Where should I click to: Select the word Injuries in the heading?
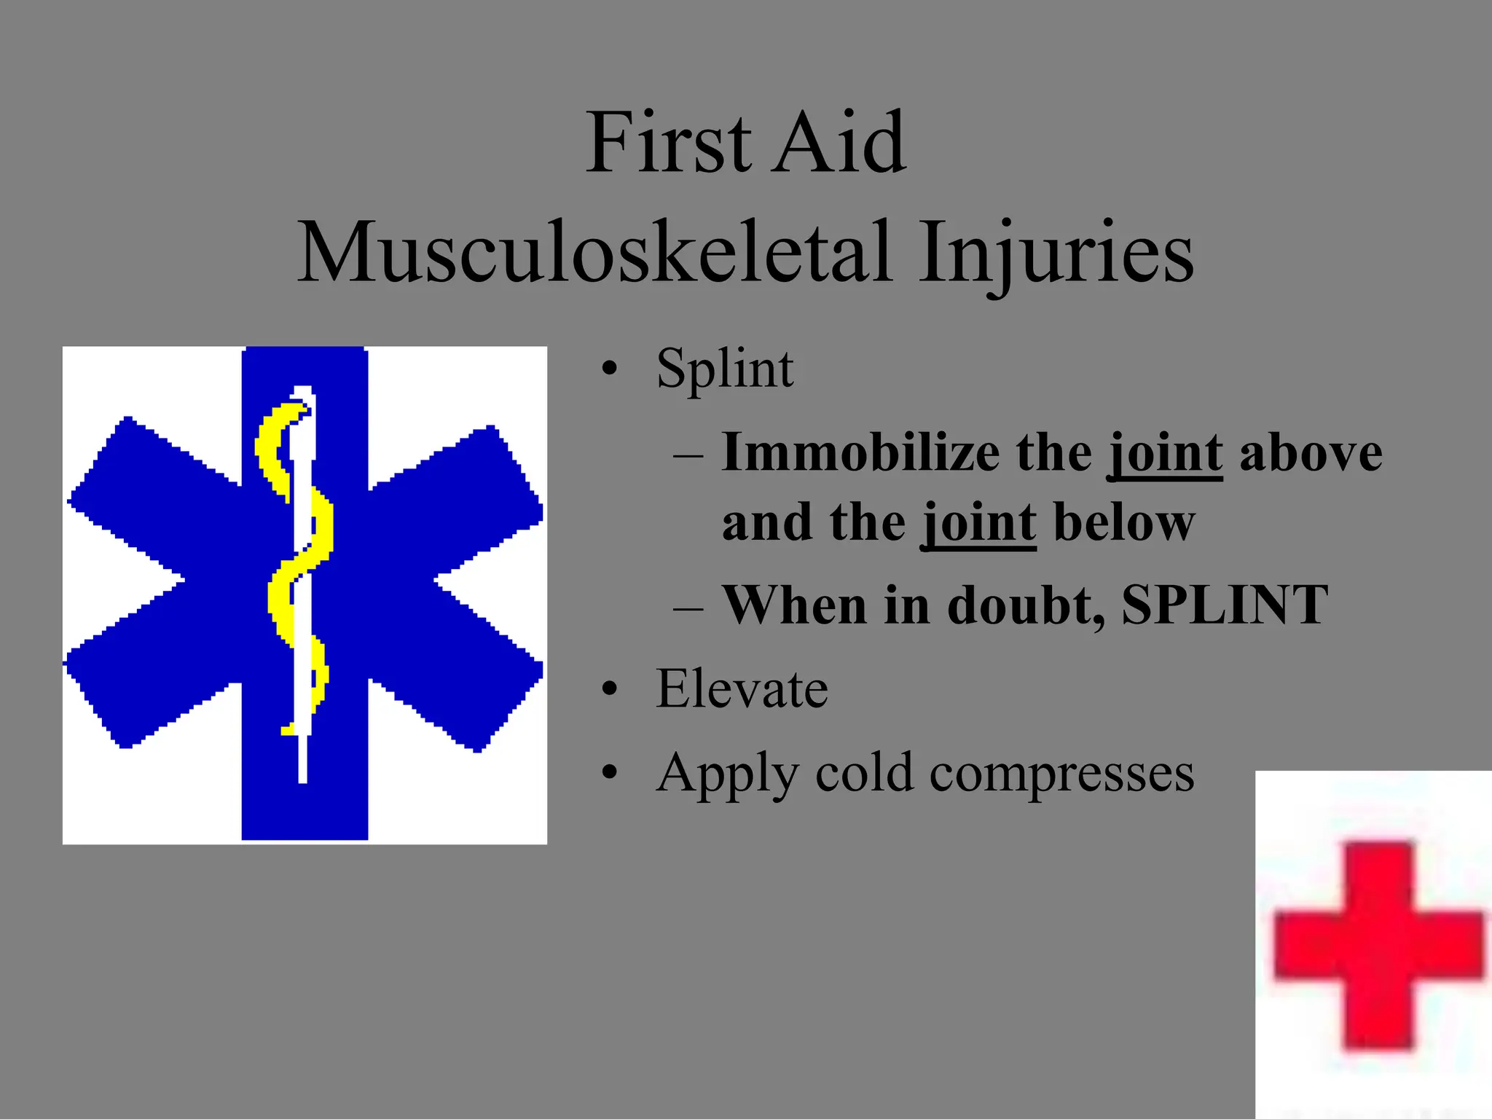pos(1056,252)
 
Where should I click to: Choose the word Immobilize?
pos(860,453)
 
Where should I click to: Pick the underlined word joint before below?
pos(979,524)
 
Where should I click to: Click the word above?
pos(1311,453)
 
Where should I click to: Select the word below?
pos(1124,522)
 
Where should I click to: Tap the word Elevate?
pos(742,688)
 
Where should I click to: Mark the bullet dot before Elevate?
pos(610,688)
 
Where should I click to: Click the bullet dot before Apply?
pos(610,772)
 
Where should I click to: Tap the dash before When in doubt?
pos(688,607)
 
